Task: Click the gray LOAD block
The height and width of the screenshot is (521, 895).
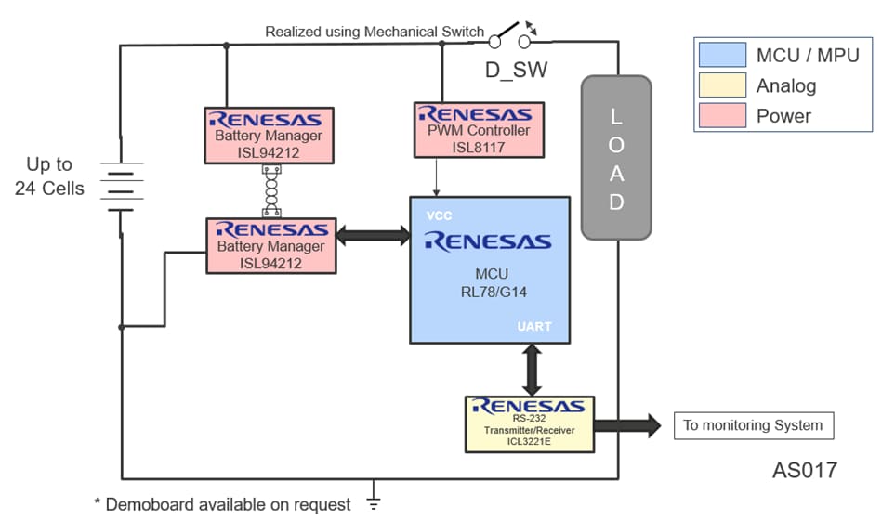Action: (x=616, y=157)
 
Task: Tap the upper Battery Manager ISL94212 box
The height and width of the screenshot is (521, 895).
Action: (x=270, y=136)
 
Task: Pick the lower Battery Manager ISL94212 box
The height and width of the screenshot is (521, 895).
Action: (x=270, y=246)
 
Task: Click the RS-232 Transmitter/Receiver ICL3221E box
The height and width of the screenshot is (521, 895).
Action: (x=529, y=423)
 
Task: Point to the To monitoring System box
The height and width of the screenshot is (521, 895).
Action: (x=753, y=425)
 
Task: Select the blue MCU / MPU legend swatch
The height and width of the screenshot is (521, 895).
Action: (x=721, y=55)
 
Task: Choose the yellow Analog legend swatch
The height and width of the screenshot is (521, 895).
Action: (x=721, y=85)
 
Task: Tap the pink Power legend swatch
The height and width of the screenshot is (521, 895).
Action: (x=721, y=116)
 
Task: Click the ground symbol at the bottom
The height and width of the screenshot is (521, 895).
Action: (x=374, y=502)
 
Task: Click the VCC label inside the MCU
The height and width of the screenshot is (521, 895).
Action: (x=439, y=215)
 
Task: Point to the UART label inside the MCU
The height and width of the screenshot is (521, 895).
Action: (x=535, y=327)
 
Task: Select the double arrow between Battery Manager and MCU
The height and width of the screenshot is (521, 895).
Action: (x=373, y=236)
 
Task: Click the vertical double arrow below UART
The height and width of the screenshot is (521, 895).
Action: (x=531, y=370)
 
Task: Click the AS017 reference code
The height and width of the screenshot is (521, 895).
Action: (x=804, y=471)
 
